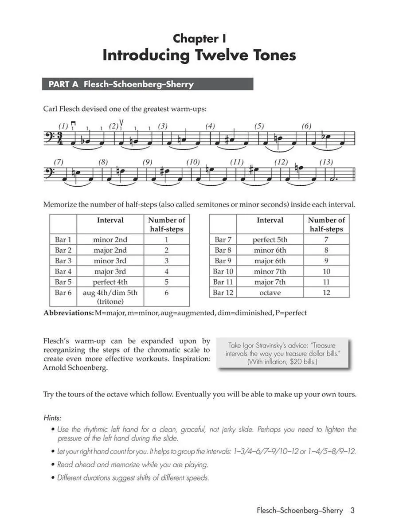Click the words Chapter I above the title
click(x=196, y=39)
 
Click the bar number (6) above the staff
click(x=306, y=126)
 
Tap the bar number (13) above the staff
click(x=326, y=162)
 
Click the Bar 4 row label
click(x=63, y=271)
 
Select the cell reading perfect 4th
click(x=110, y=282)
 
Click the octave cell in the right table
click(x=270, y=293)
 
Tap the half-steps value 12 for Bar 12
click(x=326, y=293)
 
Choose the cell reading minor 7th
click(x=270, y=271)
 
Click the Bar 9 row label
click(x=223, y=261)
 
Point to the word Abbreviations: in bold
click(x=68, y=313)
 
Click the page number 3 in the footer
click(x=352, y=510)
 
